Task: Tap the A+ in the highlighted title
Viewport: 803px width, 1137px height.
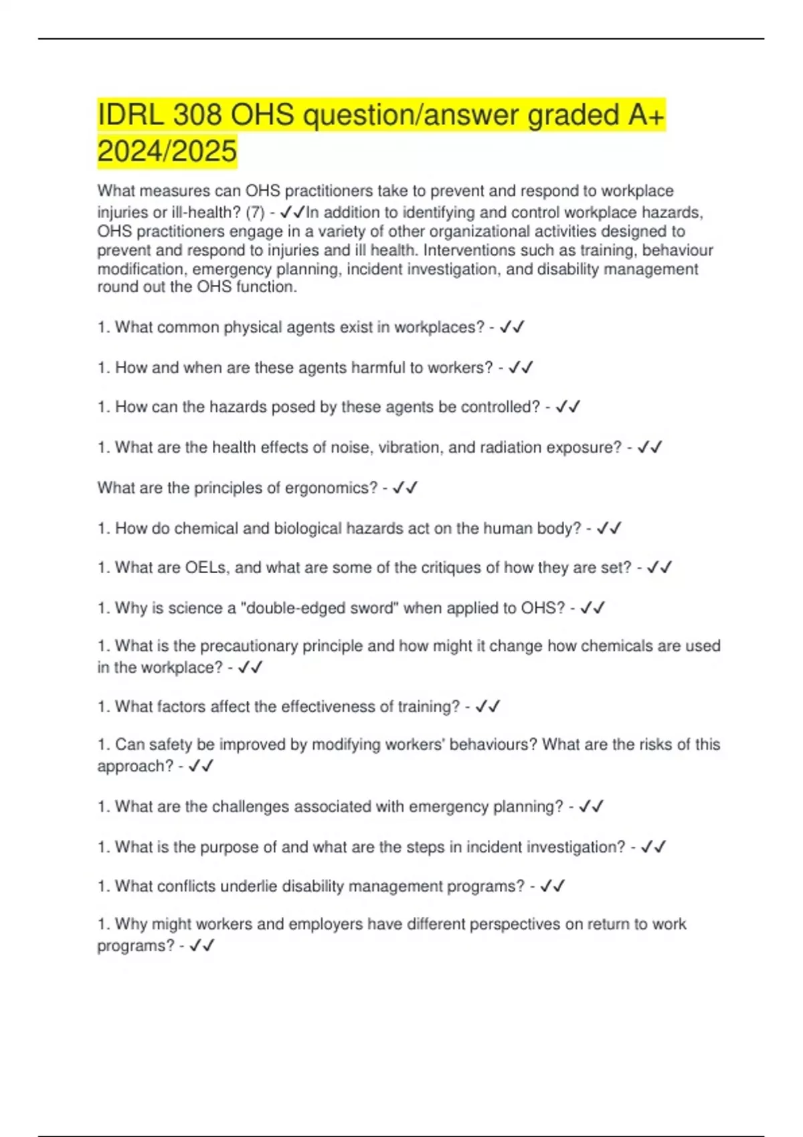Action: (646, 116)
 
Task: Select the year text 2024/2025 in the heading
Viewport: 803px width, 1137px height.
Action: (167, 151)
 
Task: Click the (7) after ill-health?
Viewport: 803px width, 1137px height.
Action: (255, 213)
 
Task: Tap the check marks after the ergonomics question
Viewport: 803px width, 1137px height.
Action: (406, 488)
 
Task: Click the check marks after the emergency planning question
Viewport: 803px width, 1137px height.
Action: (592, 807)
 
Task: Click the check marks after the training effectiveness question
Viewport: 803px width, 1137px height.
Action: (488, 707)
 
